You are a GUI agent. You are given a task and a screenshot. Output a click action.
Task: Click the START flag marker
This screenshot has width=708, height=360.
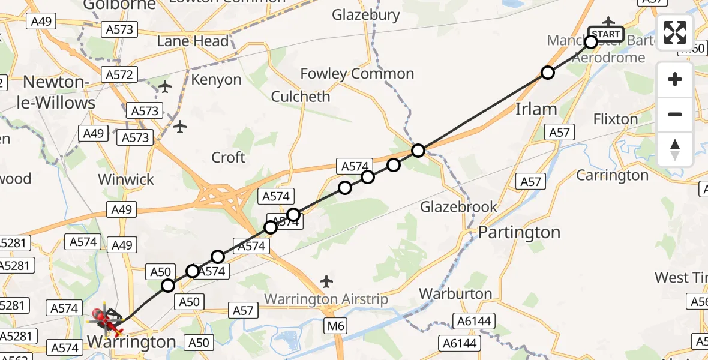pyautogui.click(x=606, y=34)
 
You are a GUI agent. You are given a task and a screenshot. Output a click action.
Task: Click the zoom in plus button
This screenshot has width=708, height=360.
pyautogui.click(x=675, y=80)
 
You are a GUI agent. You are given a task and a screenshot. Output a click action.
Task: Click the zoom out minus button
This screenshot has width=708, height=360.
pyautogui.click(x=675, y=114)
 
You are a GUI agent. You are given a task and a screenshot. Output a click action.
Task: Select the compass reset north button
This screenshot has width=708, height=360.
pyautogui.click(x=675, y=149)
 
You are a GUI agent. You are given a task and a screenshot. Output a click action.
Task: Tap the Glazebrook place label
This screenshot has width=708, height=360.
pyautogui.click(x=458, y=207)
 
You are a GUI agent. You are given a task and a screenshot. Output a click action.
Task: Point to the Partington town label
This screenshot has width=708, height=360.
pyautogui.click(x=519, y=232)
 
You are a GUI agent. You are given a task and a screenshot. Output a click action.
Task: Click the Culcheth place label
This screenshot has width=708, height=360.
pyautogui.click(x=301, y=97)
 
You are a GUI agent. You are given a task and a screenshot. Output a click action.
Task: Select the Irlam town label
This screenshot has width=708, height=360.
pyautogui.click(x=536, y=109)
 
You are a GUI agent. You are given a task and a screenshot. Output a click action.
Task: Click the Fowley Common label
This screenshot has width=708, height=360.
pyautogui.click(x=357, y=74)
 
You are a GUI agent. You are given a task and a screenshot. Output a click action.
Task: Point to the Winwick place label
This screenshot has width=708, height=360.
pyautogui.click(x=126, y=179)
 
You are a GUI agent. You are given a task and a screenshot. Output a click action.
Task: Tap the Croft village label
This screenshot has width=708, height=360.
pyautogui.click(x=229, y=157)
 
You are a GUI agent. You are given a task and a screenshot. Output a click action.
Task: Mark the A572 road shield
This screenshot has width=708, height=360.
pyautogui.click(x=119, y=74)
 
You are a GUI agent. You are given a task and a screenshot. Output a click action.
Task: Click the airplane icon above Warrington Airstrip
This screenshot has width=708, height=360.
pyautogui.click(x=326, y=280)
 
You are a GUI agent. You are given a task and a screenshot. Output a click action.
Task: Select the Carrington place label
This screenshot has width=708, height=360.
pyautogui.click(x=612, y=175)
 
